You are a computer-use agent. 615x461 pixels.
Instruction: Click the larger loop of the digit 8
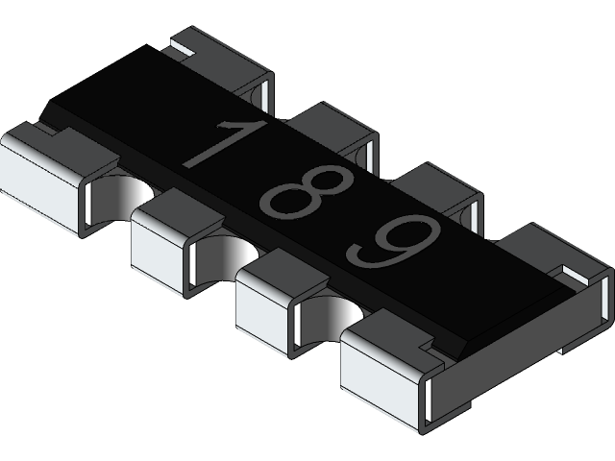(x=289, y=201)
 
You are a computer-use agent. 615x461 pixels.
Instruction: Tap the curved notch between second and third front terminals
(x=235, y=252)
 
